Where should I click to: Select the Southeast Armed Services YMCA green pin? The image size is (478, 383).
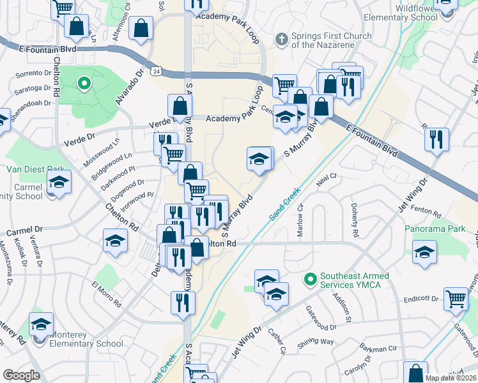click(310, 279)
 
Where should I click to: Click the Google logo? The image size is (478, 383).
click(21, 375)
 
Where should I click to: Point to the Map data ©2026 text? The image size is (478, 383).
click(451, 378)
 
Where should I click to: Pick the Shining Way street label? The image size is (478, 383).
click(318, 342)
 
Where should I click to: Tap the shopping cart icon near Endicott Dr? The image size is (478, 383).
click(456, 298)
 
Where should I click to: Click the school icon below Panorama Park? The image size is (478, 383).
click(424, 251)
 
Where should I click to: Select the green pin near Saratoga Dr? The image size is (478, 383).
click(83, 83)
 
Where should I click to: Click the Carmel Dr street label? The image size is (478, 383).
click(25, 229)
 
